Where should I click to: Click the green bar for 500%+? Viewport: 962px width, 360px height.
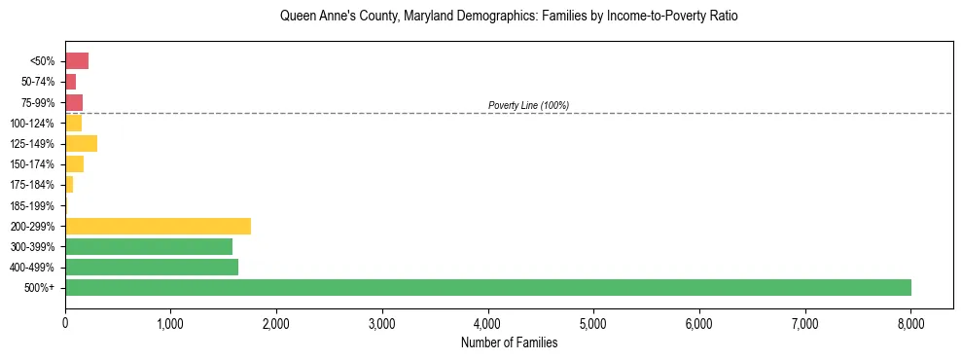(487, 287)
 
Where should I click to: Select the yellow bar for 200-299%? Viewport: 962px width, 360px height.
(158, 226)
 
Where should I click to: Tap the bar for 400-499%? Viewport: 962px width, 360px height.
(151, 267)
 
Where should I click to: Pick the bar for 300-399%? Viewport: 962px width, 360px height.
(148, 246)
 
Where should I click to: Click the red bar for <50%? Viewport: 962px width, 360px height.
(77, 61)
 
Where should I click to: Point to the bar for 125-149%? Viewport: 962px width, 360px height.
(81, 144)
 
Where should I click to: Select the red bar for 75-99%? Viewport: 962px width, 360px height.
(74, 102)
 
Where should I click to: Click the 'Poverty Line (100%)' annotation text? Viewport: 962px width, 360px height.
(528, 105)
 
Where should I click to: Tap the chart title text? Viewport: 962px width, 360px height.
(509, 17)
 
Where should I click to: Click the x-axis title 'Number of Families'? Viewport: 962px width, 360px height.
(509, 342)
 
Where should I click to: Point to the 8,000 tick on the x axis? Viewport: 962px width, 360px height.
(910, 322)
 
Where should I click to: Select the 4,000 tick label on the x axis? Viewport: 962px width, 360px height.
(487, 322)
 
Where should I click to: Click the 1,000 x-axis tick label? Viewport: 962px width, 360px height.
(170, 322)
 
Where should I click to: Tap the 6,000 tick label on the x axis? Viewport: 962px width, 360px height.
(699, 322)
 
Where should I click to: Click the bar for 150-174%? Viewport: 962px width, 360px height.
(74, 164)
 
